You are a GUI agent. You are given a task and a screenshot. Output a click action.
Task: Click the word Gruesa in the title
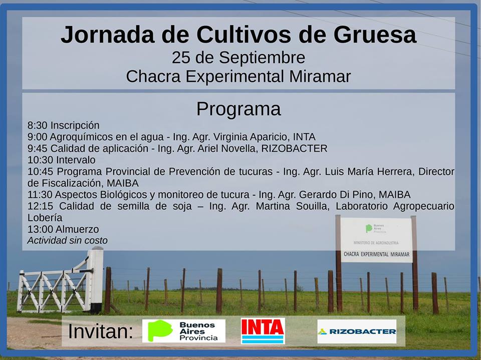[375, 35]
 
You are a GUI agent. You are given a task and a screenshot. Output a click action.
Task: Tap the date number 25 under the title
[181, 58]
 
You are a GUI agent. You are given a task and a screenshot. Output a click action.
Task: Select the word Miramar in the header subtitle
[320, 76]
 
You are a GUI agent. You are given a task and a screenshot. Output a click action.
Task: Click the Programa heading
[238, 109]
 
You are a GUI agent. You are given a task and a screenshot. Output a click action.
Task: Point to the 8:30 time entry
[37, 125]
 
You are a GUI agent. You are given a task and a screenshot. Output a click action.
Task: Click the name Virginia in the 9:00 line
[230, 137]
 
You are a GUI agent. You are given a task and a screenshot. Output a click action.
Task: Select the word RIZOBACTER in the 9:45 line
[294, 148]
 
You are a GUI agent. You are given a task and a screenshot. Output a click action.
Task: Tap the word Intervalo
[76, 160]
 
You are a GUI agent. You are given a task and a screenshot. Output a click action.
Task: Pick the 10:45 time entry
[40, 172]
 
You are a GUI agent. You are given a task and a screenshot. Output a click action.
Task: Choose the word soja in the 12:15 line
[182, 206]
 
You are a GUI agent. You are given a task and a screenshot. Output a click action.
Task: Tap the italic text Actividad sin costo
[68, 241]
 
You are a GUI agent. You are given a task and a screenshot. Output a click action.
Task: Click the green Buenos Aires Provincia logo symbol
[160, 330]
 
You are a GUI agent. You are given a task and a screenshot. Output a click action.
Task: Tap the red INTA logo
[263, 331]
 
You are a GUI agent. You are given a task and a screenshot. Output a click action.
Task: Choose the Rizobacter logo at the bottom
[357, 331]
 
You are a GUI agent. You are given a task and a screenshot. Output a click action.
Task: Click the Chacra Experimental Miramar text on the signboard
[376, 254]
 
